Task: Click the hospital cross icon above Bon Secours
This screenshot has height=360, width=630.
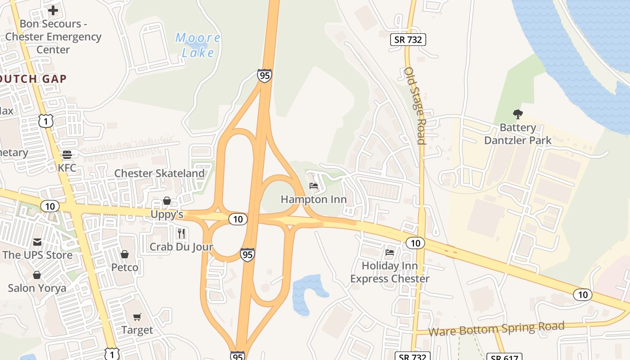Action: (x=53, y=10)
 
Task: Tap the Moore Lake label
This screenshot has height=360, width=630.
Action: (x=198, y=45)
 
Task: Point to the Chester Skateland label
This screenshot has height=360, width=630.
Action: (x=159, y=173)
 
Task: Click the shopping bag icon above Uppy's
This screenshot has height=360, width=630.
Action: (x=167, y=201)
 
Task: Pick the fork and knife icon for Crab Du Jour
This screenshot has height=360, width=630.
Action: (x=181, y=233)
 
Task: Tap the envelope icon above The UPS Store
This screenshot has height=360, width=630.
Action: (x=37, y=242)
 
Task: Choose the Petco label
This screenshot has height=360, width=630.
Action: (x=125, y=267)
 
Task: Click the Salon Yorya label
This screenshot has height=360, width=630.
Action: (x=37, y=288)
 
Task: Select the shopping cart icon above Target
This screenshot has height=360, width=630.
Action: (x=137, y=317)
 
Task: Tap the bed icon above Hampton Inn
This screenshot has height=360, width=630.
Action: (x=314, y=186)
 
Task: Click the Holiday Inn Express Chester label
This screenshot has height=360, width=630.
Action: (x=390, y=272)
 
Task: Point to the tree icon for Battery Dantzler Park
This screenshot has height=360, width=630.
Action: (x=517, y=114)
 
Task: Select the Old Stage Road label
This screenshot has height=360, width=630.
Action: (x=415, y=106)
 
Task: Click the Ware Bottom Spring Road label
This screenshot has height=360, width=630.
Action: (x=496, y=329)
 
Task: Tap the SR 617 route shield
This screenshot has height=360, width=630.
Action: (x=504, y=357)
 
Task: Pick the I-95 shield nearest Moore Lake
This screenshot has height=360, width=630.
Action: (x=265, y=75)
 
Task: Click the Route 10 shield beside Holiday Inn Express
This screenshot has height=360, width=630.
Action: (x=415, y=243)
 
